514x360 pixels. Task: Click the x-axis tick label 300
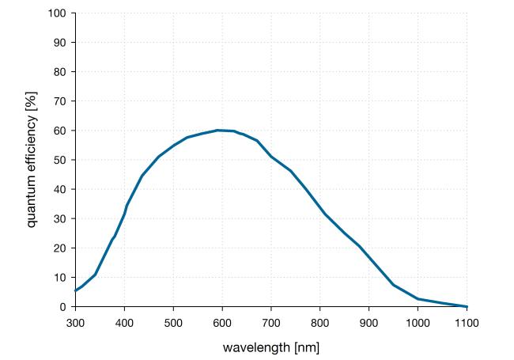[x=75, y=322]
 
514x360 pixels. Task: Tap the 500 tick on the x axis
[x=173, y=322]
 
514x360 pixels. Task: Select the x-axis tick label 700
[x=271, y=322]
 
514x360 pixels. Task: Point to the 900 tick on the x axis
[x=369, y=322]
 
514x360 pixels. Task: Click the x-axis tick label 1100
[x=467, y=322]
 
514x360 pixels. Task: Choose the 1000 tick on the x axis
[x=418, y=322]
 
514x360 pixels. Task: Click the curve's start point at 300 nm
[x=75, y=290]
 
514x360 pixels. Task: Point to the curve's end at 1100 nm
[x=467, y=306]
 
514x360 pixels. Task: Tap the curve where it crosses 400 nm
[x=124, y=214]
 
